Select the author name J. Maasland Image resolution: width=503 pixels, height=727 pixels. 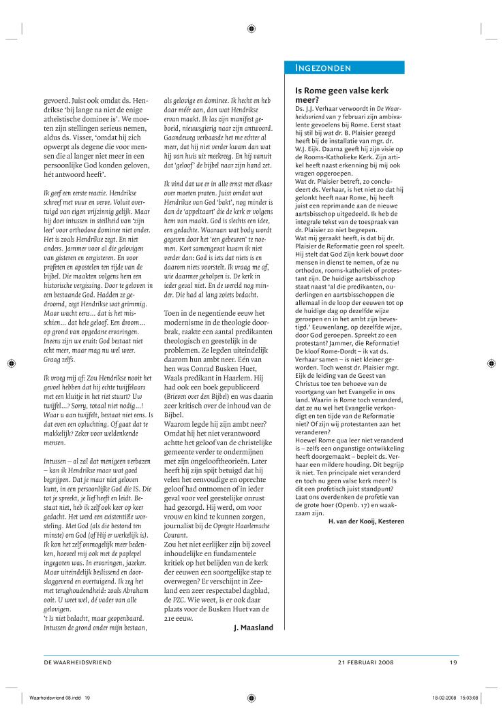click(x=254, y=627)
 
